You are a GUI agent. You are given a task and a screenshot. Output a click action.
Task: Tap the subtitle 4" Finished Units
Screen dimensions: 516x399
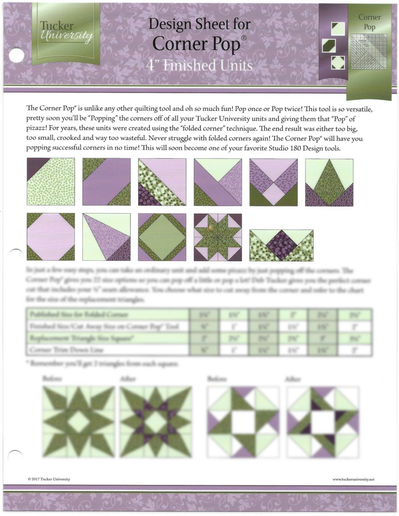[199, 66]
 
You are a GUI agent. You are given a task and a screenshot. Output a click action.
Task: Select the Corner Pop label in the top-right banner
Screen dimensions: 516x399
[370, 22]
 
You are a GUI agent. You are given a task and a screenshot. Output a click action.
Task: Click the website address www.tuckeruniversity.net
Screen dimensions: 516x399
[353, 479]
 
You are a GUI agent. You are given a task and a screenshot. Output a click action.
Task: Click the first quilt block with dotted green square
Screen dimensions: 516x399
[50, 181]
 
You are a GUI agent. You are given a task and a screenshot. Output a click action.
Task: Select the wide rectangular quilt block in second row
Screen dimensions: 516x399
[281, 245]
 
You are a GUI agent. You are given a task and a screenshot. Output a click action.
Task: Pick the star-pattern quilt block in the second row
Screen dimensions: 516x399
[217, 237]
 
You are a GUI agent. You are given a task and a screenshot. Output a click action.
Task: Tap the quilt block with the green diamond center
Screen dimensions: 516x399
[162, 237]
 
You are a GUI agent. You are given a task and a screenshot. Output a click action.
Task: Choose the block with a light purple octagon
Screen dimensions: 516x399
[50, 237]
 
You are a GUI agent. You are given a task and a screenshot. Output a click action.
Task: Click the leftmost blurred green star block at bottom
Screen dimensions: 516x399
[79, 422]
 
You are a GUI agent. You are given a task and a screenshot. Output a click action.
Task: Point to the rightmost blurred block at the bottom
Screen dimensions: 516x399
[323, 422]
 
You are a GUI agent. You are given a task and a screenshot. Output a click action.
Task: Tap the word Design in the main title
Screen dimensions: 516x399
[166, 25]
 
